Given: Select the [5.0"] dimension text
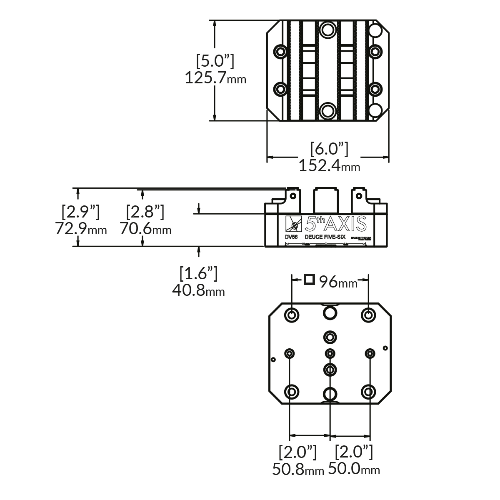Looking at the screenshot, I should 215,61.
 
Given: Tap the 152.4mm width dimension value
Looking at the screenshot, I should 329,166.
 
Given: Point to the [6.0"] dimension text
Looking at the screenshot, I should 329,149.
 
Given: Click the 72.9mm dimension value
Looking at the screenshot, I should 81,229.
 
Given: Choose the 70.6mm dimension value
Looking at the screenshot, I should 145,229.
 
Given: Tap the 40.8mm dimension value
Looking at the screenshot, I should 198,290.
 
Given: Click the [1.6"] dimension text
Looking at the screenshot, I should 198,273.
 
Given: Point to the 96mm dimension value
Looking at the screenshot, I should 338,282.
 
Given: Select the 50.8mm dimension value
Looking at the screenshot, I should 298,469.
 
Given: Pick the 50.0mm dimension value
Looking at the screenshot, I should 354,469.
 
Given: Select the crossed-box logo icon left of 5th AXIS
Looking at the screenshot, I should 294,225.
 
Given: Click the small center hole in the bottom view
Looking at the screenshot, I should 330,353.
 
